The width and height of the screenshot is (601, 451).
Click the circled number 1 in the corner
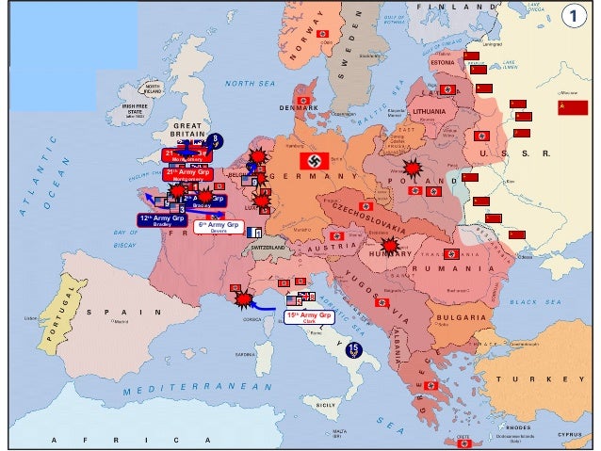pyautogui.click(x=575, y=16)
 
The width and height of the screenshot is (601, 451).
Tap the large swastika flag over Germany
pyautogui.click(x=315, y=161)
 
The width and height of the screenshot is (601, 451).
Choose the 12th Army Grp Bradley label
pyautogui.click(x=161, y=220)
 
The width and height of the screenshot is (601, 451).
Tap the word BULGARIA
pyautogui.click(x=462, y=317)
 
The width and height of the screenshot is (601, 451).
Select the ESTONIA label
pyautogui.click(x=442, y=63)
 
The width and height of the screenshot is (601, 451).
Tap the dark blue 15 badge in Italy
pyautogui.click(x=353, y=349)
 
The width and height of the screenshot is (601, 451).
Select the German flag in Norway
pyautogui.click(x=323, y=34)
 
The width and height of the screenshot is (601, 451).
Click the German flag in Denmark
pyautogui.click(x=303, y=100)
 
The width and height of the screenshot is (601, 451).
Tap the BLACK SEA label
pyautogui.click(x=534, y=302)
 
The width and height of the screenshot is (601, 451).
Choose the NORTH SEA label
pyautogui.click(x=250, y=83)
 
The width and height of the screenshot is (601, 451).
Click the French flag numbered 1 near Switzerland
pyautogui.click(x=253, y=232)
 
